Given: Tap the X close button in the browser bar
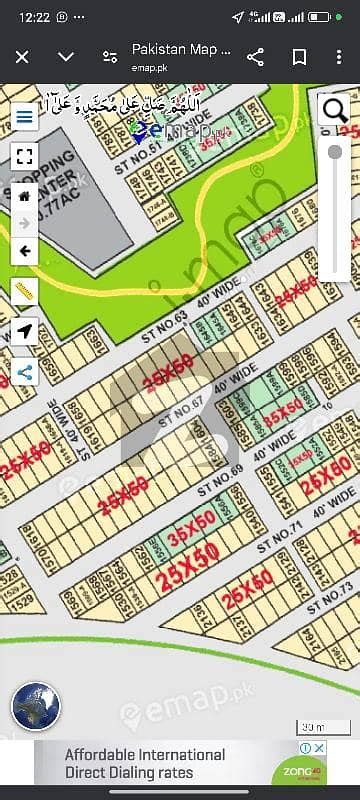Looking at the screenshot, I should coord(22,57).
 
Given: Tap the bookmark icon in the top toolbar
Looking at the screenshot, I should coord(297,57).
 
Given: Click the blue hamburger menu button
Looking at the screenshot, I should coord(25,115).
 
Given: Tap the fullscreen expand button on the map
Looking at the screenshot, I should coord(25,156).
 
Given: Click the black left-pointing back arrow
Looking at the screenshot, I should coord(25,251).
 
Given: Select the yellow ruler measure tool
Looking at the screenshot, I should coord(25,292).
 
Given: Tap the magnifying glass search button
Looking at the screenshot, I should coord(334,109).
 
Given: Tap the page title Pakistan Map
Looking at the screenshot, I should coord(181,49).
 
